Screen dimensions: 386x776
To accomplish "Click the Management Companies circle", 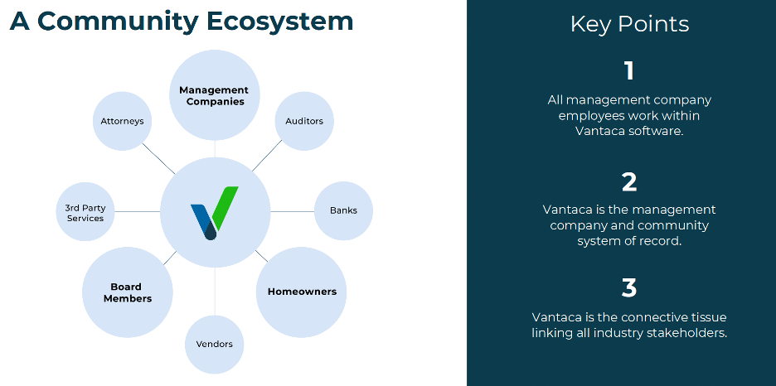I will pyautogui.click(x=214, y=95).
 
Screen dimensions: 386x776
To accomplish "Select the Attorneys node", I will pyautogui.click(x=122, y=121).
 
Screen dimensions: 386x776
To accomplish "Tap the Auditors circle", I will pyautogui.click(x=303, y=121).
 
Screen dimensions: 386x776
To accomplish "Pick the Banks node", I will pyautogui.click(x=343, y=210).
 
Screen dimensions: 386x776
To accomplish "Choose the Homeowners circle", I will pyautogui.click(x=302, y=292).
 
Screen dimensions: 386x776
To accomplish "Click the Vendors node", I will pyautogui.click(x=214, y=344).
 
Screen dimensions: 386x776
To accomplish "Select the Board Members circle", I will pyautogui.click(x=128, y=292).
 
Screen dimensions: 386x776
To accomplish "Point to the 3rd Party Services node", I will pyautogui.click(x=85, y=212).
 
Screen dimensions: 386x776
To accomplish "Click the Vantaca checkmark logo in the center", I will pyautogui.click(x=214, y=211).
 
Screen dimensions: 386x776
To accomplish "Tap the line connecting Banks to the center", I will pyautogui.click(x=293, y=211).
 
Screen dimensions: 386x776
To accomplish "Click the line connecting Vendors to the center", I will pyautogui.click(x=215, y=292).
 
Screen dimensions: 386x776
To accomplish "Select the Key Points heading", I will pyautogui.click(x=629, y=24).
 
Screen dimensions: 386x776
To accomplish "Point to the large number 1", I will pyautogui.click(x=629, y=71).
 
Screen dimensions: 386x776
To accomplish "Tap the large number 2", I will pyautogui.click(x=629, y=181).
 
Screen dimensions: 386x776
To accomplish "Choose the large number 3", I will pyautogui.click(x=629, y=288).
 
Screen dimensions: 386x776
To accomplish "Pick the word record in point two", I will pyautogui.click(x=662, y=241).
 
